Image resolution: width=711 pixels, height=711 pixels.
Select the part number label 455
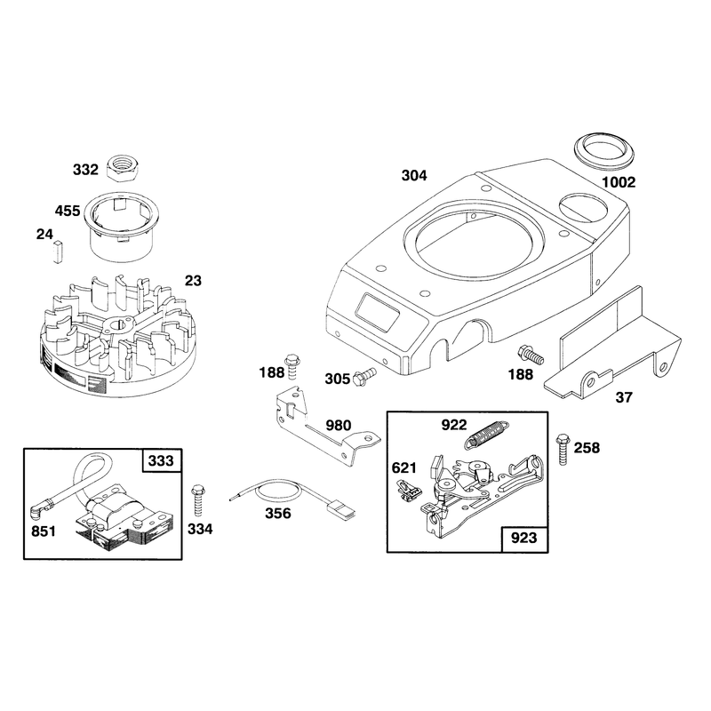coord(68,211)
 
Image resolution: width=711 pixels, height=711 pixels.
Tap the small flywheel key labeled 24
coord(57,252)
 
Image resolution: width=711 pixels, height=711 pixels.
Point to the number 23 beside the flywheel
coord(193,281)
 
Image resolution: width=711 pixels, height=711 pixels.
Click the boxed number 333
coord(162,460)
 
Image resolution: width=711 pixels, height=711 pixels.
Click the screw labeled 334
coord(197,499)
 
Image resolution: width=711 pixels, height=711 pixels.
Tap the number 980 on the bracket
coord(339,426)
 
